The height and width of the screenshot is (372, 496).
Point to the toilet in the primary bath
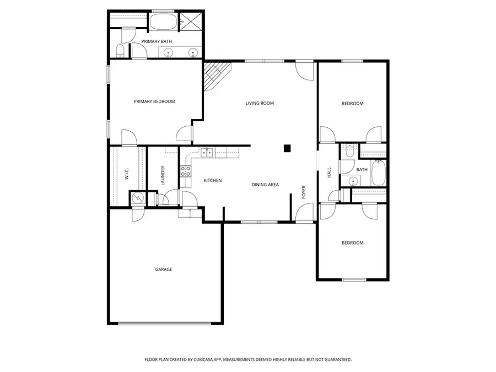120,51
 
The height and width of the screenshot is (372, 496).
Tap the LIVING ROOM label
260,103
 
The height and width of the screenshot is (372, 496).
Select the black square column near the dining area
287,148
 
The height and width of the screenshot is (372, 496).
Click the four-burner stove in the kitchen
185,171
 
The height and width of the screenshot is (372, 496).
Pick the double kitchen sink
207,153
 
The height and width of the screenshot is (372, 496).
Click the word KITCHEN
213,180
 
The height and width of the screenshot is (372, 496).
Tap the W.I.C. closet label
127,175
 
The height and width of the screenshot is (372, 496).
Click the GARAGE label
163,269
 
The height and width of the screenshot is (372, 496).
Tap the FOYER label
303,192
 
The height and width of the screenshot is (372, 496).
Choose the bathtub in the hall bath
379,172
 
